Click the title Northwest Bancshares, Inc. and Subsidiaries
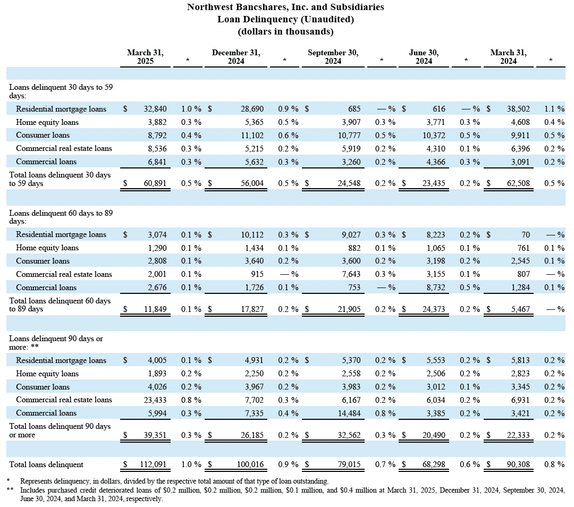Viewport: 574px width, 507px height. [285, 7]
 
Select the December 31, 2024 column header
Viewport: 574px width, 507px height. [236, 57]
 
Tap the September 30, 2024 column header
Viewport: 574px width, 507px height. [333, 57]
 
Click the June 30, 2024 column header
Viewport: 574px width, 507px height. [424, 57]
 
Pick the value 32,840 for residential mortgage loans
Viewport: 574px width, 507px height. [155, 109]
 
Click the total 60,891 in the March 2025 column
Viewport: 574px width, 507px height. [155, 183]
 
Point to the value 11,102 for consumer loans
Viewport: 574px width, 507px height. [252, 136]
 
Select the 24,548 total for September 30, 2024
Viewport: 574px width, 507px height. [349, 183]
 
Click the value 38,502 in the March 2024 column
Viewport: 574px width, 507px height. [518, 109]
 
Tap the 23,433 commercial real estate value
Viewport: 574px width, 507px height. [155, 400]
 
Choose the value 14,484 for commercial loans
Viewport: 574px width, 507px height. [349, 413]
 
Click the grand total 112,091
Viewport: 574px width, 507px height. [154, 464]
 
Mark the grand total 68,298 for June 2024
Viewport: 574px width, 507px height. [434, 464]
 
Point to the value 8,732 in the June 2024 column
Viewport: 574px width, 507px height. [436, 288]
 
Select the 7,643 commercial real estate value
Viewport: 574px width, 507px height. [351, 274]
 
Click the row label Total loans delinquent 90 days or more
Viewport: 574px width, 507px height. [60, 430]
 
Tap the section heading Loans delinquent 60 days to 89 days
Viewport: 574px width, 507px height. [61, 217]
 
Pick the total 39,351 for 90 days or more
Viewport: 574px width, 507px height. [155, 435]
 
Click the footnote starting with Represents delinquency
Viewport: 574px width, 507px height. [174, 481]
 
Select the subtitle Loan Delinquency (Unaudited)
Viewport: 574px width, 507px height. [285, 19]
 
